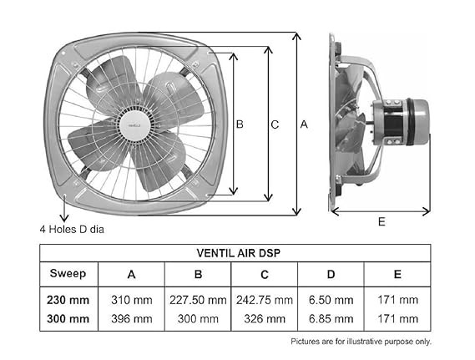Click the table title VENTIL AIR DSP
click(x=235, y=253)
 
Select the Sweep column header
click(x=68, y=274)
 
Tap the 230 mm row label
click(x=68, y=299)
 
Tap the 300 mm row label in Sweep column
click(x=68, y=318)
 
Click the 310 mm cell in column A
click(x=131, y=299)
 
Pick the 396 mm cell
click(x=131, y=318)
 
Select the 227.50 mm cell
click(x=198, y=299)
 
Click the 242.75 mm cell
click(x=265, y=299)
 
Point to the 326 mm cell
click(x=265, y=318)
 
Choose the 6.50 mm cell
click(x=331, y=299)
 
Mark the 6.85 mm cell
click(x=331, y=318)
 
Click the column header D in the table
click(x=331, y=274)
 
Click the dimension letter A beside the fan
click(x=304, y=124)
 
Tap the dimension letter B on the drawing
click(x=240, y=124)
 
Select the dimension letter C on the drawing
click(x=275, y=124)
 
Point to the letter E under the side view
click(x=381, y=222)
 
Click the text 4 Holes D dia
click(x=71, y=228)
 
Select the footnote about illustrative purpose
click(x=361, y=342)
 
